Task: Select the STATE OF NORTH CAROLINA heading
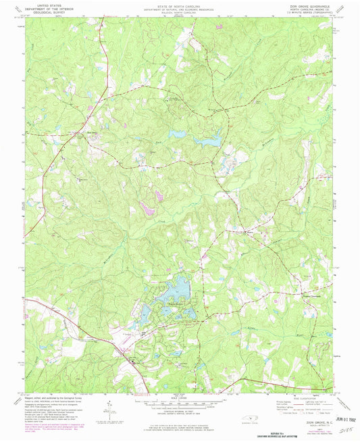pos(179,5)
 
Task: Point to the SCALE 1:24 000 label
pos(179,396)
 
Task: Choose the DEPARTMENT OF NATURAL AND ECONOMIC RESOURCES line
pos(179,8)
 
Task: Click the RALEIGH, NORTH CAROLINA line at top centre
pos(179,11)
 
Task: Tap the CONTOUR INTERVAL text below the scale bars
pos(179,409)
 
